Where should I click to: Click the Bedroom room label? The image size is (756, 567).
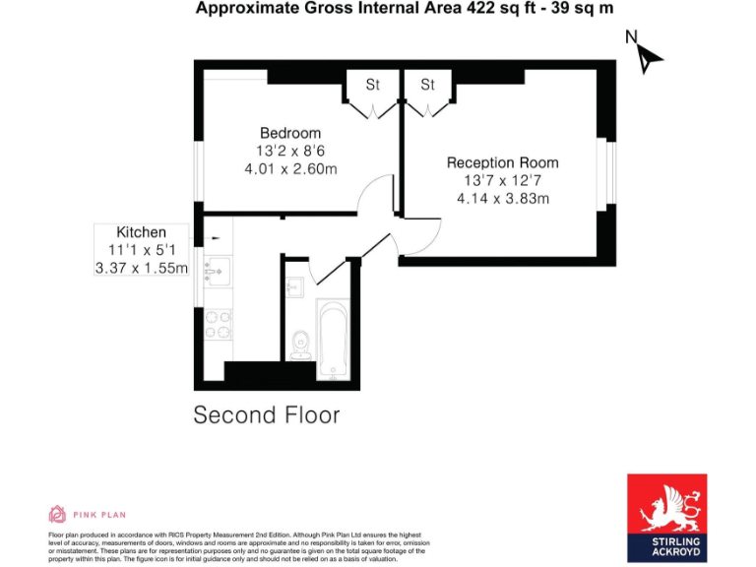[290, 133]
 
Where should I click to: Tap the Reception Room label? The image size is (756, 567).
[502, 162]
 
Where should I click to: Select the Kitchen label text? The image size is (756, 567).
[142, 232]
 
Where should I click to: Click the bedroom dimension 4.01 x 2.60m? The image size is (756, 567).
[290, 169]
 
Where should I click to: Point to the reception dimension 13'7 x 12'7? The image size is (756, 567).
[502, 181]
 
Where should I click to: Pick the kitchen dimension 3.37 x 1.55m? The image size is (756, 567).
[141, 268]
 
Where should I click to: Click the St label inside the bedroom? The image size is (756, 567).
[373, 86]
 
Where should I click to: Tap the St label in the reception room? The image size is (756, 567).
[427, 86]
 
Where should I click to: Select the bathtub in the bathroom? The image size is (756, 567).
[332, 339]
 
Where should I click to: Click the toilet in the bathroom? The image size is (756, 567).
[300, 344]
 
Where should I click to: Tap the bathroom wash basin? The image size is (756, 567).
[294, 288]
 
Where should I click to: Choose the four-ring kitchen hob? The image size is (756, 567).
[218, 326]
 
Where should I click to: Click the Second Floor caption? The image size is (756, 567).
[267, 414]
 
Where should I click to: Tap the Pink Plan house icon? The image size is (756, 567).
[57, 514]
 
